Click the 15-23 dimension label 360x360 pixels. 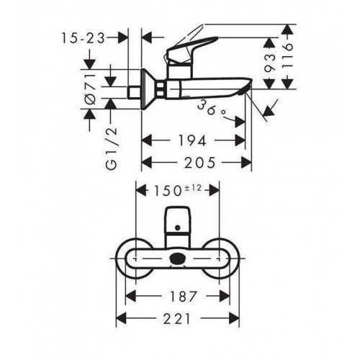click(x=84, y=38)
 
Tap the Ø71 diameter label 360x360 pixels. click(x=91, y=89)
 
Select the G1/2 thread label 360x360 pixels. click(x=112, y=148)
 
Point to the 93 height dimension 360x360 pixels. click(x=269, y=63)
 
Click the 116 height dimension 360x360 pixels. click(x=287, y=56)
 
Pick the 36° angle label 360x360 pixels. click(x=212, y=109)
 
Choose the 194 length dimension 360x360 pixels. click(x=192, y=140)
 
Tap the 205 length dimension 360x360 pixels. click(x=199, y=163)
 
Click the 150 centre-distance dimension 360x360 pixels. click(x=167, y=192)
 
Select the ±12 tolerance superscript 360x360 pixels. click(x=193, y=188)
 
